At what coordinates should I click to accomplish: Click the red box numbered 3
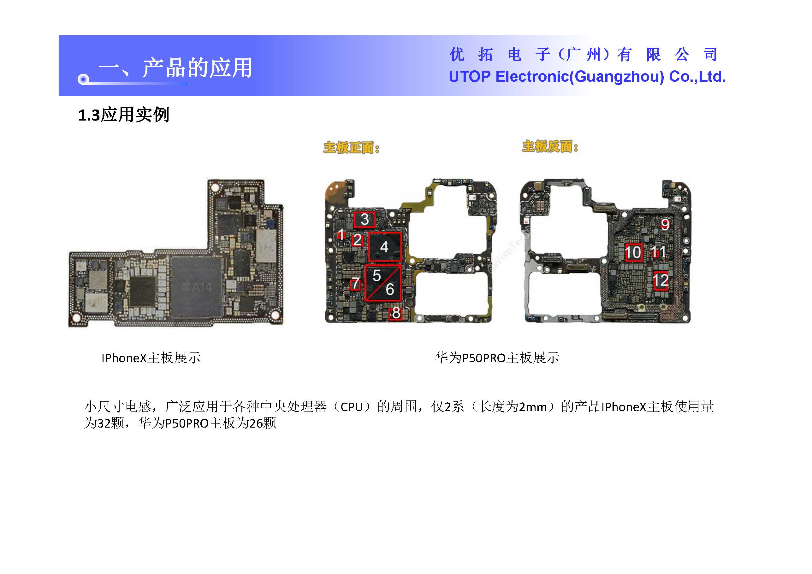[365, 220]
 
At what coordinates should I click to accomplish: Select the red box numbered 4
[385, 247]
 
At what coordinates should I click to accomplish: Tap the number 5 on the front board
[376, 276]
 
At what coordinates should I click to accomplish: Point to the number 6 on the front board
[390, 289]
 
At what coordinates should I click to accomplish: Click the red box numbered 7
[355, 284]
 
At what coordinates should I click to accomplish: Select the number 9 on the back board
[665, 224]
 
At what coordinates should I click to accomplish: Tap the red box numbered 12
[660, 281]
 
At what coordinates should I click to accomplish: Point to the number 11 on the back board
[658, 252]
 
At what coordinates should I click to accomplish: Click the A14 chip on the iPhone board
[197, 286]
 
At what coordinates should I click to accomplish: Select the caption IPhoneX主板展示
[151, 358]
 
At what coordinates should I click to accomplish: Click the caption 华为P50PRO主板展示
[497, 358]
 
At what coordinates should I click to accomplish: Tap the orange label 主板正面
[351, 148]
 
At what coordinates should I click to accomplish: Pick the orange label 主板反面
[550, 146]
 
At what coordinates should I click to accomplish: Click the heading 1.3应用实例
[124, 115]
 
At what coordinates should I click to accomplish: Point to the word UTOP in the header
[470, 77]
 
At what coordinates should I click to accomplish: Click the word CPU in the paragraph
[352, 407]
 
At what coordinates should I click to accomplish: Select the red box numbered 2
[357, 240]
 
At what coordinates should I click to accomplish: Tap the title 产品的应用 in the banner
[197, 68]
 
